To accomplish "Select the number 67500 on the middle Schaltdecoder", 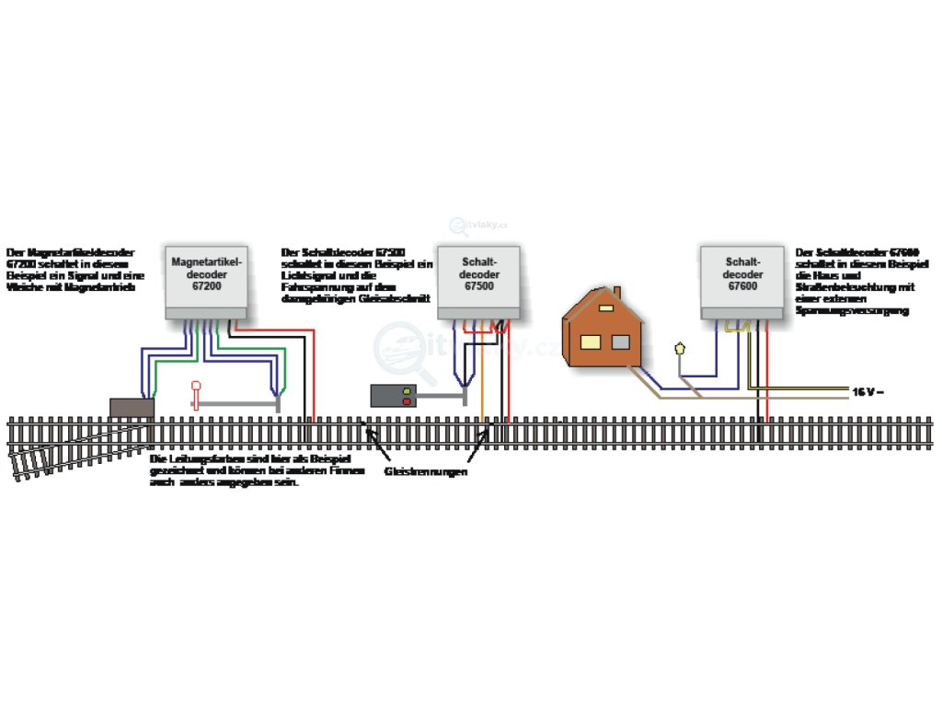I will [479, 286].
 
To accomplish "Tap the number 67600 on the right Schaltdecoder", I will [743, 285].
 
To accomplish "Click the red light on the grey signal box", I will [405, 401].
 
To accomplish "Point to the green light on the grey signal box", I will [405, 391].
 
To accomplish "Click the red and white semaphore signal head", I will [194, 387].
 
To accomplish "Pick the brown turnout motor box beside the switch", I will [131, 408].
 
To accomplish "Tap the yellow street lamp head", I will [680, 349].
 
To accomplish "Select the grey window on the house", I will [621, 343].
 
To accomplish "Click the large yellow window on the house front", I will [589, 343].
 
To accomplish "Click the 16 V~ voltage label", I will [867, 392].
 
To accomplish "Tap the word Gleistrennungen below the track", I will [426, 471].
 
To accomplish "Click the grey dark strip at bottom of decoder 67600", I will [743, 314].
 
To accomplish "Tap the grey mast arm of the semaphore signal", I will [239, 404].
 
